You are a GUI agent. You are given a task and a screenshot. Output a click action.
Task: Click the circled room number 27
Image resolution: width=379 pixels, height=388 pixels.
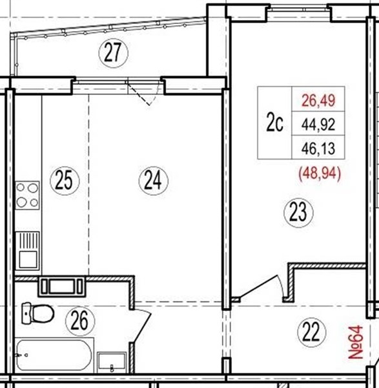(114, 53)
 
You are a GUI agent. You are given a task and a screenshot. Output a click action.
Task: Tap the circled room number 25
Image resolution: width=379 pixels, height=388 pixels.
(65, 180)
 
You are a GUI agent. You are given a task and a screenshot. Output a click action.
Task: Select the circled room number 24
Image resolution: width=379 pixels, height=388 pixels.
(154, 180)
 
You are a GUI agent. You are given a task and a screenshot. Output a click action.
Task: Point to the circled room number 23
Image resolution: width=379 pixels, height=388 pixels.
(299, 213)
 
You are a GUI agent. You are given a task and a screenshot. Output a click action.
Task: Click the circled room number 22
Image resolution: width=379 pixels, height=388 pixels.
(312, 332)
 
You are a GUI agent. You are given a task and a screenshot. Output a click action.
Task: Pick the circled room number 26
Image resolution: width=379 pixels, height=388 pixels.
(80, 321)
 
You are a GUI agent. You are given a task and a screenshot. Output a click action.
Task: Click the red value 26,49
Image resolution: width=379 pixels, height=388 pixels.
(318, 100)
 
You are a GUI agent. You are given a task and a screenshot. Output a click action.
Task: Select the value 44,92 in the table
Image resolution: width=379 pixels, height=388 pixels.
(318, 124)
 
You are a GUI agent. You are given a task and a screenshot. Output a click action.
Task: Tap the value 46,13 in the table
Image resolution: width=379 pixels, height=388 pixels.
(318, 149)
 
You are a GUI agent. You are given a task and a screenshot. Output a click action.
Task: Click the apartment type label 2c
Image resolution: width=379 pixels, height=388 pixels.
(275, 123)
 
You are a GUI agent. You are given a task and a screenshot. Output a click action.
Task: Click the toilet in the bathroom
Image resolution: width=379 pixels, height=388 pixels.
(38, 313)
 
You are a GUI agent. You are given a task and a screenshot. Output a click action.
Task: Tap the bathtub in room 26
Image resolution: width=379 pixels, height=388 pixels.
(54, 355)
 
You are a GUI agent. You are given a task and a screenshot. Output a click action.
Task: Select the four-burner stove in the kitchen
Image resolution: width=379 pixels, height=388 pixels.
(27, 195)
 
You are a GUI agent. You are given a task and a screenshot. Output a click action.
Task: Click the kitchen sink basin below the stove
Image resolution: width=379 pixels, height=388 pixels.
(27, 251)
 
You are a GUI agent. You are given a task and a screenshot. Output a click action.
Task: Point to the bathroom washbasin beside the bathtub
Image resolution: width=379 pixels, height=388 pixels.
(112, 362)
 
